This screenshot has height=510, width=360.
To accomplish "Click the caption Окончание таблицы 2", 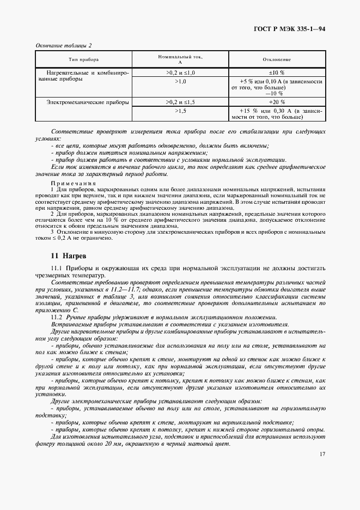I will [x=63, y=45].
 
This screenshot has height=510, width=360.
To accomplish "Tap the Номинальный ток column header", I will [x=180, y=59].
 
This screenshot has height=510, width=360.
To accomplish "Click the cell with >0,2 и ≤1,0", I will [x=180, y=72].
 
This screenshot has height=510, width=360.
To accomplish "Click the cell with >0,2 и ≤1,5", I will [x=180, y=101].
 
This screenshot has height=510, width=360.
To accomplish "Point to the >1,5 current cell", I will [x=180, y=110].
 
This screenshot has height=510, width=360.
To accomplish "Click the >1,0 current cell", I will [x=180, y=81].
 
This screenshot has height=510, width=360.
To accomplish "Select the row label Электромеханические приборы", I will [x=80, y=101].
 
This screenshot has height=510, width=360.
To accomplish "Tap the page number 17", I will [x=322, y=454].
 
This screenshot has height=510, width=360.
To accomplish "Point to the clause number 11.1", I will [x=57, y=268].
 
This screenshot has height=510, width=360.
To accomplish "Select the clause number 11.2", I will [x=57, y=317].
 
